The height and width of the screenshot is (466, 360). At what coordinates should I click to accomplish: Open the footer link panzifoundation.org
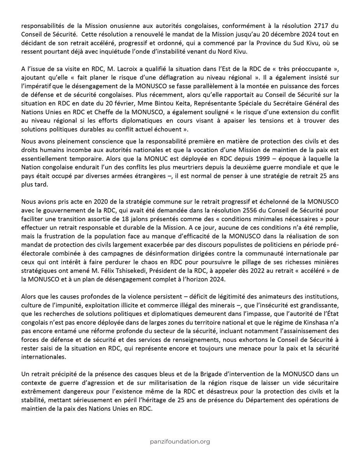coord(180,441)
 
